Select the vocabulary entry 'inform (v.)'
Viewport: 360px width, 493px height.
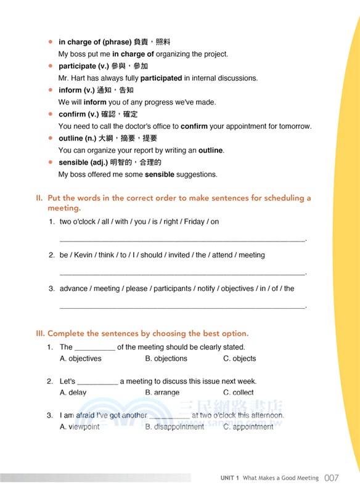point(78,90)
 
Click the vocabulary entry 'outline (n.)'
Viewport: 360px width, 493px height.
point(81,138)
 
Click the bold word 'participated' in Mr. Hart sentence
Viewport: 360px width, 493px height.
point(161,78)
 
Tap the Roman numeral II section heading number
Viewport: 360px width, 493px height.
point(39,198)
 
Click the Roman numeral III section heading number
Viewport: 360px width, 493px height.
point(40,333)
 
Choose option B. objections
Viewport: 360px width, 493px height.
point(166,359)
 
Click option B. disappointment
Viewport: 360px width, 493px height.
point(174,426)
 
